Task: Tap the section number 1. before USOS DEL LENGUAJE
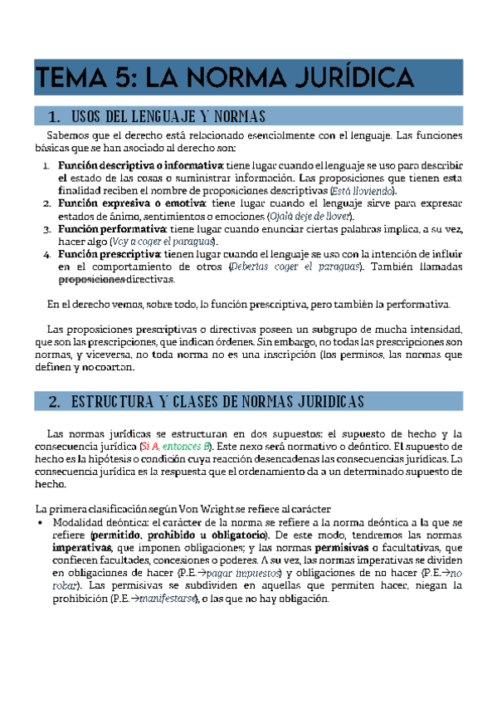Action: pyautogui.click(x=54, y=116)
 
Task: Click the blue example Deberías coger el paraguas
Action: pyautogui.click(x=295, y=266)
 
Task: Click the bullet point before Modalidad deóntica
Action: pyautogui.click(x=41, y=523)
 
